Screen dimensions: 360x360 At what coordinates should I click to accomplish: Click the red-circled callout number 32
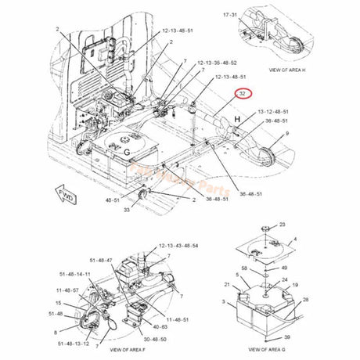point(243,93)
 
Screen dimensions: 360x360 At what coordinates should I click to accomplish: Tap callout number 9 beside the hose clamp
point(286,134)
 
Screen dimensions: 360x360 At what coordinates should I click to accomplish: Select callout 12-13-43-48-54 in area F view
point(179,246)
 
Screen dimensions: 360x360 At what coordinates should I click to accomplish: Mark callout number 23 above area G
point(260,224)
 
